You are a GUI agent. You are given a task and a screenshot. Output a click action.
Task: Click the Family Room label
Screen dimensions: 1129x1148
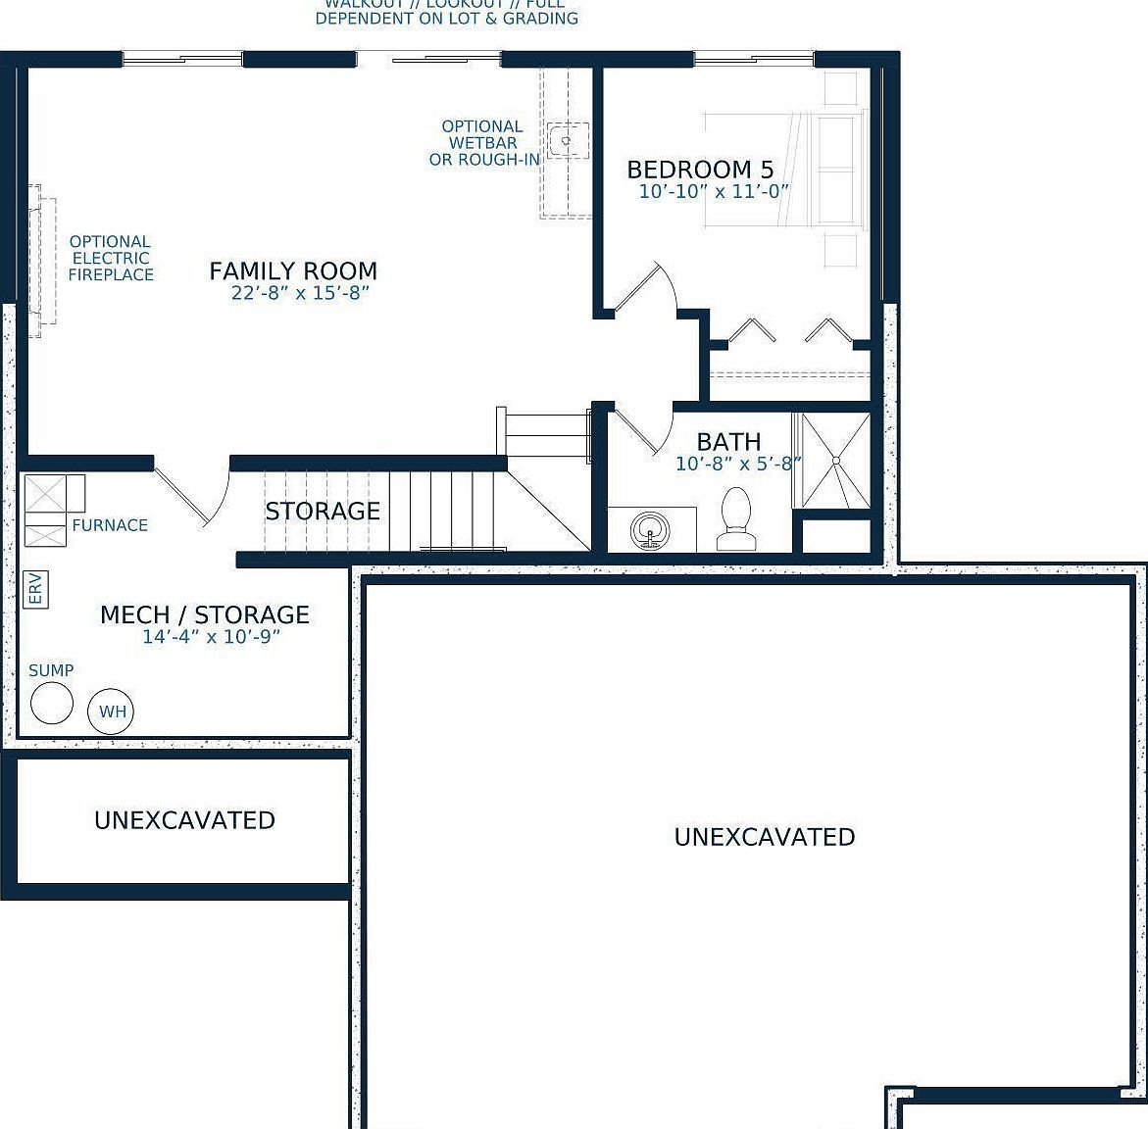click(293, 271)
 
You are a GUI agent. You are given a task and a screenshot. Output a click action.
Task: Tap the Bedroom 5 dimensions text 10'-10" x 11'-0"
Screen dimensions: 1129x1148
click(714, 192)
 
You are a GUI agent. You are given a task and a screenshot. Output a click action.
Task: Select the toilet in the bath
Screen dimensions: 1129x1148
click(734, 519)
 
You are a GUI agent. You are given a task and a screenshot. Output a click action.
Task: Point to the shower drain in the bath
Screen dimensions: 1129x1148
click(835, 460)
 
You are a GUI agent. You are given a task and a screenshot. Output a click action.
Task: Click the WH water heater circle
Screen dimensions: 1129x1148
click(112, 712)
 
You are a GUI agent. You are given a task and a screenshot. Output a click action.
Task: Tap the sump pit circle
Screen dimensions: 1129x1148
click(51, 703)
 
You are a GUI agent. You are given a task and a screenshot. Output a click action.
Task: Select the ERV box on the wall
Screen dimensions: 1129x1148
click(35, 590)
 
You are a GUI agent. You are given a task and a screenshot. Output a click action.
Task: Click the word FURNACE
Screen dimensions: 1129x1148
click(110, 525)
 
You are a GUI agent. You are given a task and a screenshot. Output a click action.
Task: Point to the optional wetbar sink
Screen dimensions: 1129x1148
click(567, 140)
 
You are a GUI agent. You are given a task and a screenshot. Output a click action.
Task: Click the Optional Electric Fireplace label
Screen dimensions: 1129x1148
click(111, 258)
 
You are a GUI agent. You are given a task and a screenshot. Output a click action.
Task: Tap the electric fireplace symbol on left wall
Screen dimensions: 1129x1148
click(41, 261)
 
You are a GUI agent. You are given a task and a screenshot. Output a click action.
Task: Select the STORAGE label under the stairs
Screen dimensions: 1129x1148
click(323, 512)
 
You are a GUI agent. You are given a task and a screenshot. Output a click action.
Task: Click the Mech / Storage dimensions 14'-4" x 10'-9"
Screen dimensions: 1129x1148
click(212, 637)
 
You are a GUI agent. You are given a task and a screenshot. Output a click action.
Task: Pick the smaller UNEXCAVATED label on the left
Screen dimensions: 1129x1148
click(184, 820)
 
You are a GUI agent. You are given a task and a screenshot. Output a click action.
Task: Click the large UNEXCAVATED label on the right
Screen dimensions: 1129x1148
click(765, 837)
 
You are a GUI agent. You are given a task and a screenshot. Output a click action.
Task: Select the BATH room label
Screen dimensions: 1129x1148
click(728, 442)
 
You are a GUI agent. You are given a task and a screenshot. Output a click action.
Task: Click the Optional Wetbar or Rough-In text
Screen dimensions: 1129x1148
click(483, 143)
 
